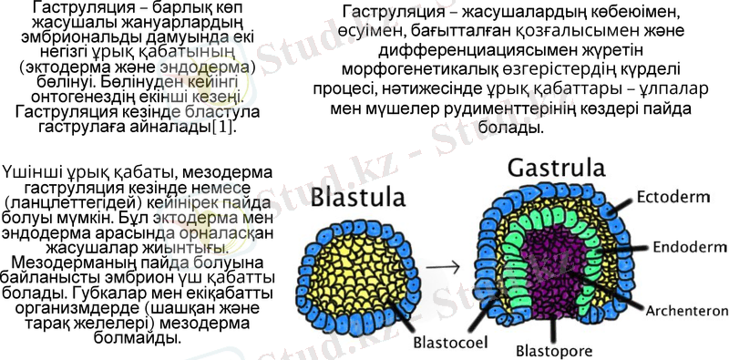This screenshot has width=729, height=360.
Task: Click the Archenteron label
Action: coord(686,311)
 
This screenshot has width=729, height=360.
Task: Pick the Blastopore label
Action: coord(555,350)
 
